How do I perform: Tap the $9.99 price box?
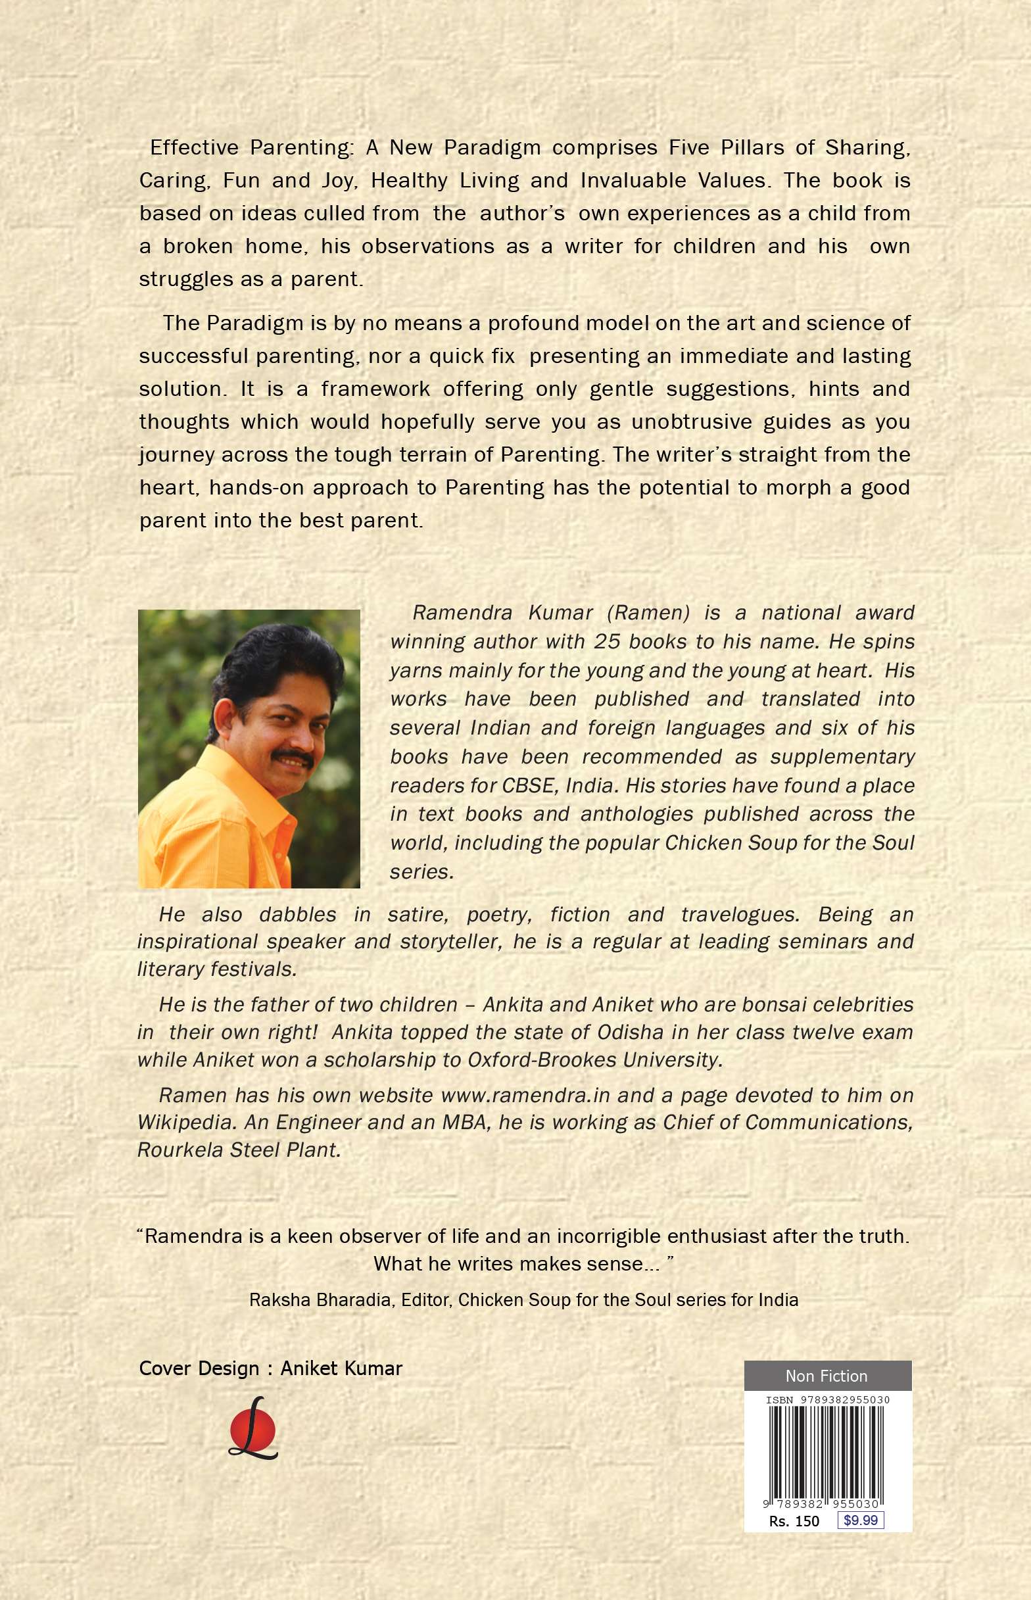(x=860, y=1520)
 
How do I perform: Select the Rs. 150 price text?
(x=794, y=1521)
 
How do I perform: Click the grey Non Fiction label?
(x=827, y=1376)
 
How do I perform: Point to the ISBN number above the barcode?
(x=827, y=1400)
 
